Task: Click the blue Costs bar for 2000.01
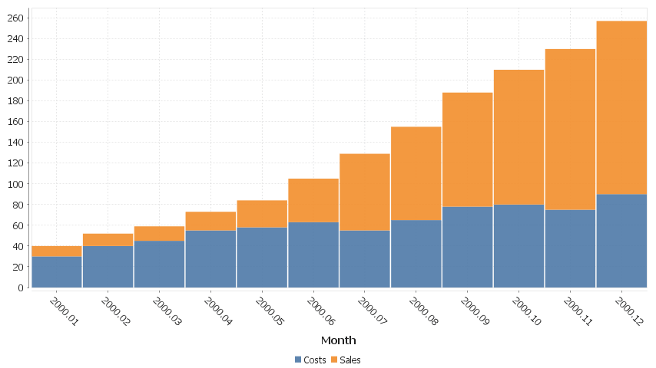point(56,271)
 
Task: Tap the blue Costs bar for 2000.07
point(365,258)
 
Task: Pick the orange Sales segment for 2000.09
point(467,149)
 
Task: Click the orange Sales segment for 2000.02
point(108,240)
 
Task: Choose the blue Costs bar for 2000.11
point(570,248)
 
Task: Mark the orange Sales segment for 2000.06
point(313,200)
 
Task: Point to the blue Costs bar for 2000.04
point(210,258)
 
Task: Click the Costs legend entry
point(310,360)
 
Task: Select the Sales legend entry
point(346,360)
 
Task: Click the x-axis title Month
point(338,340)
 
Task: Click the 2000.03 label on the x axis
point(167,311)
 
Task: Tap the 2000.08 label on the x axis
point(424,311)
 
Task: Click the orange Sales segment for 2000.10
point(519,137)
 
